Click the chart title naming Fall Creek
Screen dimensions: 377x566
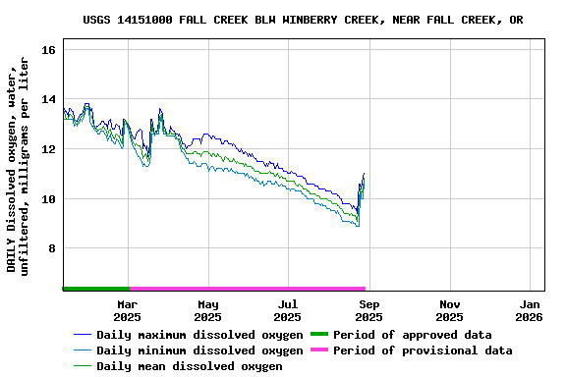[303, 20]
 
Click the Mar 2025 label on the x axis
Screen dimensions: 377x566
[127, 310]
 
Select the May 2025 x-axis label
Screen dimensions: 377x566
[207, 310]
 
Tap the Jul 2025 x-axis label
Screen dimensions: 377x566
[288, 310]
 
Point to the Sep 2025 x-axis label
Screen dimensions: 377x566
[368, 310]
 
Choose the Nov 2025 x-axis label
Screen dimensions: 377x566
[449, 310]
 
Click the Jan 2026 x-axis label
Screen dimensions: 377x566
[530, 310]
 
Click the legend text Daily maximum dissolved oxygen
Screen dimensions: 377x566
[199, 335]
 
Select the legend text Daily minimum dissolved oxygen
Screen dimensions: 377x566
[199, 350]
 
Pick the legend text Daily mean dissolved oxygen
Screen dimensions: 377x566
[190, 366]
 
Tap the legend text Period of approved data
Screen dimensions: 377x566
[413, 335]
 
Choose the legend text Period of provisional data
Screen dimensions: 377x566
[423, 350]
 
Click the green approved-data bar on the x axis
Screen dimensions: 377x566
[95, 289]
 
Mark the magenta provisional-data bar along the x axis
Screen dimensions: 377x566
[247, 289]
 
